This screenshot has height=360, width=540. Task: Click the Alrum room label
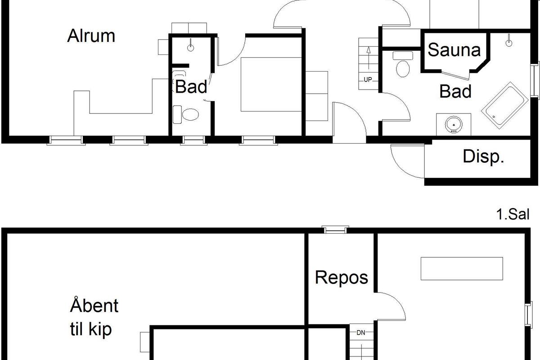tap(91, 36)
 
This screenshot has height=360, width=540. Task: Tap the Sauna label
tap(454, 50)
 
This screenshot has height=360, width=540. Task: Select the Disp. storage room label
tap(483, 157)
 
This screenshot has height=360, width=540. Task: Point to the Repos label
tap(342, 278)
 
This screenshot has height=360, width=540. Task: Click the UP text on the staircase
tap(368, 80)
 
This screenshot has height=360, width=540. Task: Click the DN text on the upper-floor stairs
tap(361, 333)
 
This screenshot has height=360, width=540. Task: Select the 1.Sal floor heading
tap(513, 214)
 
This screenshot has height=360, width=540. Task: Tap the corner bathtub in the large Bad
tap(505, 106)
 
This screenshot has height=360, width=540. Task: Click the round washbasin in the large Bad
tap(454, 125)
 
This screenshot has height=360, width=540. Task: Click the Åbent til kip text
tap(94, 317)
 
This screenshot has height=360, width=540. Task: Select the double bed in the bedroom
tap(271, 85)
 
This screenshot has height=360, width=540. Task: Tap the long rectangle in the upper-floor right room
tap(462, 269)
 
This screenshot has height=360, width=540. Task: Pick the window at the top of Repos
tap(335, 230)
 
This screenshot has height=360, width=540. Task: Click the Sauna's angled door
tap(455, 75)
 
